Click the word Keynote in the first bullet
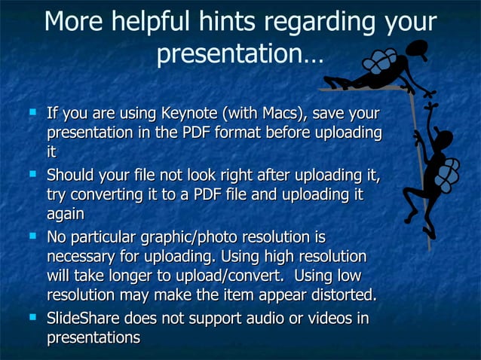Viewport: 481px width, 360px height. [188, 114]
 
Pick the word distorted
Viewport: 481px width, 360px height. [339, 294]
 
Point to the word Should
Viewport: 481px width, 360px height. [71, 176]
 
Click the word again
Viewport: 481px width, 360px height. [65, 214]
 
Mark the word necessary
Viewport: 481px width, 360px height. [79, 256]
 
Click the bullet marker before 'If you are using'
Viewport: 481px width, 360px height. [32, 113]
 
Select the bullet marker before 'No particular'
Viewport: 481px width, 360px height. [32, 236]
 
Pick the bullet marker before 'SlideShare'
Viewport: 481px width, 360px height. [32, 318]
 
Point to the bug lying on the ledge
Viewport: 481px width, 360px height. [377, 68]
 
